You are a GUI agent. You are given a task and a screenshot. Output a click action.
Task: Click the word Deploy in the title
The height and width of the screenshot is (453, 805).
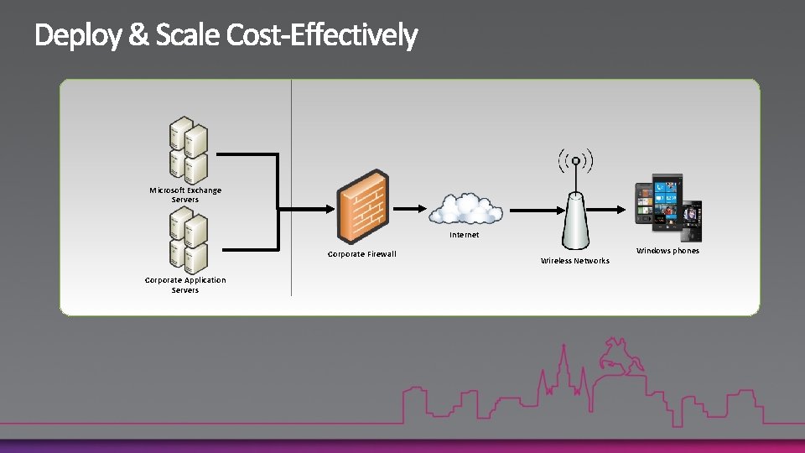(x=76, y=36)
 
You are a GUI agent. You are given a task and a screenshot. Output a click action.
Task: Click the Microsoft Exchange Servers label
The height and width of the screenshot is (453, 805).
(x=185, y=195)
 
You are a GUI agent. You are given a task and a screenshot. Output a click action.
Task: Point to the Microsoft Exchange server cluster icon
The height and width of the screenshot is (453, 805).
(x=187, y=151)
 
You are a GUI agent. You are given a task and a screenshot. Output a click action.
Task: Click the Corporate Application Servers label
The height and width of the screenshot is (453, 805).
(x=185, y=284)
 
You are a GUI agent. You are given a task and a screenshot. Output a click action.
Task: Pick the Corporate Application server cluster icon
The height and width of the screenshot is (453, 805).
(x=187, y=241)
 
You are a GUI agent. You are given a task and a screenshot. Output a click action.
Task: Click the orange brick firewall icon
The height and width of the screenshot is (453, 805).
(x=363, y=207)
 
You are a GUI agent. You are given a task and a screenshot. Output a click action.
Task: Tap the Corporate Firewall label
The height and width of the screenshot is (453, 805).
(x=361, y=254)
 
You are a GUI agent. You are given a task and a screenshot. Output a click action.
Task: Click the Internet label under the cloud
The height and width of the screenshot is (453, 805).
(x=465, y=235)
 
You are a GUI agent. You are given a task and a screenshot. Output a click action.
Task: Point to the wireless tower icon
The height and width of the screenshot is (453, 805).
(x=575, y=218)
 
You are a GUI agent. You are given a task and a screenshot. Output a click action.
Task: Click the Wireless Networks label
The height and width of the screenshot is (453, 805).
(x=575, y=261)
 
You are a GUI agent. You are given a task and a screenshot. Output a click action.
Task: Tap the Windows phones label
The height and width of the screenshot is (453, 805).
(x=667, y=251)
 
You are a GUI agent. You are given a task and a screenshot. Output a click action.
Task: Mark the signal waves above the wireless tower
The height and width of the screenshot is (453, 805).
(x=575, y=160)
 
